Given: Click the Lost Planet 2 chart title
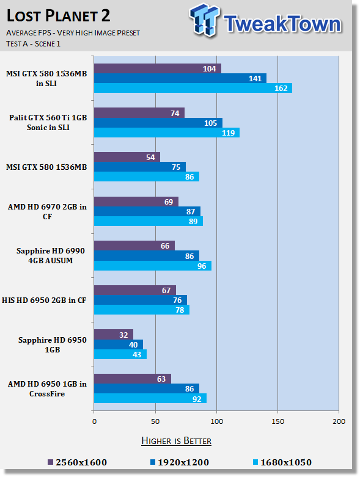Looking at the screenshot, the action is click(59, 15).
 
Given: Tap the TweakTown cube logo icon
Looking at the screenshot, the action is click(204, 20).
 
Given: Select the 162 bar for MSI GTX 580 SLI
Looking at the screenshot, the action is click(193, 88).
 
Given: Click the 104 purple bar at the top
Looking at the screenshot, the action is click(158, 69).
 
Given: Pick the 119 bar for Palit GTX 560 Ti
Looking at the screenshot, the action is click(167, 133).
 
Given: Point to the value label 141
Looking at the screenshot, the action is click(255, 79).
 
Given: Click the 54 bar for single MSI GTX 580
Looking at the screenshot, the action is click(127, 158).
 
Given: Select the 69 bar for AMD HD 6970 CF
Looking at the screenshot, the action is click(136, 202).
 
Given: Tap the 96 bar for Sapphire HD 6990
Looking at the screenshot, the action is click(153, 266).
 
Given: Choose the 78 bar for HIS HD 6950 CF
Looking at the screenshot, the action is click(142, 310).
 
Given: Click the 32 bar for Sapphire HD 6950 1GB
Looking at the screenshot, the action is click(114, 335).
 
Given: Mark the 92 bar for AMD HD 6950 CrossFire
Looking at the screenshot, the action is click(150, 398).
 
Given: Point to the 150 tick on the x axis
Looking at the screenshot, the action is click(278, 421).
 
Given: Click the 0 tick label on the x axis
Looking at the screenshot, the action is click(94, 421).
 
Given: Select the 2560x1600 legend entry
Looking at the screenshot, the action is click(77, 462).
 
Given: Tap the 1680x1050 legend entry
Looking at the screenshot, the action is click(282, 462).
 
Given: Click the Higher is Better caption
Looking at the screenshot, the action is click(177, 441).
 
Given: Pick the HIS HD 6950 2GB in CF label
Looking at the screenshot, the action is click(44, 300).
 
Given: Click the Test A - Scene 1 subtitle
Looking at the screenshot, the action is click(34, 44).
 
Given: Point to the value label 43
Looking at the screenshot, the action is click(137, 354).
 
